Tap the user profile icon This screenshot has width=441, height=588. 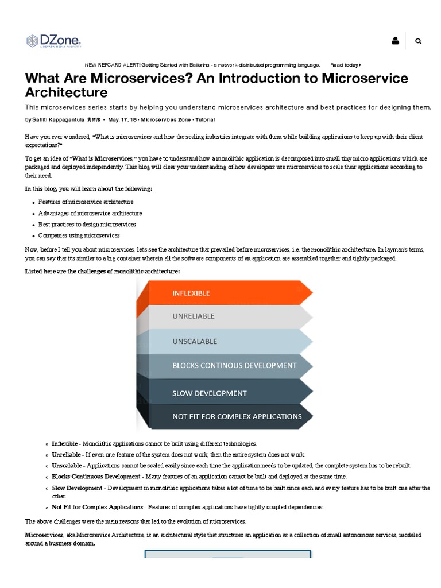coord(395,41)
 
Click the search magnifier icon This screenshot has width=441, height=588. coord(418,41)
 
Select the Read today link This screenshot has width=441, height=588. coord(345,65)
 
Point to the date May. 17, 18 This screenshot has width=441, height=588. coord(122,119)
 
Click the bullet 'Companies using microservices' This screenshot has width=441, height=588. coord(79,235)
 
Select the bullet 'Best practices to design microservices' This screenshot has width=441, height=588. coord(87,224)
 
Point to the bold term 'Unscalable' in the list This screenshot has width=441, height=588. coord(67,465)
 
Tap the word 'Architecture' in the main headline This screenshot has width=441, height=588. coord(66,92)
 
